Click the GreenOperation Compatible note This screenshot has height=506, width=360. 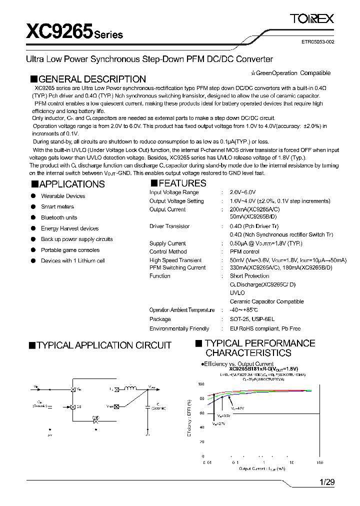[x=290, y=73]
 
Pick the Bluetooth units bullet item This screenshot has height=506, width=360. [x=59, y=217]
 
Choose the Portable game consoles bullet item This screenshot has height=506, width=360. [x=70, y=250]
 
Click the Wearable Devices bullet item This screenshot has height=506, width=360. [x=63, y=196]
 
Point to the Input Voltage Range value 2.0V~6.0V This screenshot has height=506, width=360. [x=242, y=192]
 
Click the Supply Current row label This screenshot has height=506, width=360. [x=167, y=243]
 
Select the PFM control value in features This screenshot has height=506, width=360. [x=244, y=252]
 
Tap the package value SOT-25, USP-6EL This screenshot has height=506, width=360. [x=252, y=319]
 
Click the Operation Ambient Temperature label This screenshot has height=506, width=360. [x=182, y=310]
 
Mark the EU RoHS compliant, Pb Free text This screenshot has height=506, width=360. [x=265, y=328]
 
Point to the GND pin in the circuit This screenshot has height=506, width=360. [x=95, y=421]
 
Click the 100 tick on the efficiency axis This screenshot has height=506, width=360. [x=201, y=384]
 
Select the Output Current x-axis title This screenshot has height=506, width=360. [x=262, y=468]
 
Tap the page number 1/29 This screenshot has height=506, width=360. [x=326, y=482]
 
